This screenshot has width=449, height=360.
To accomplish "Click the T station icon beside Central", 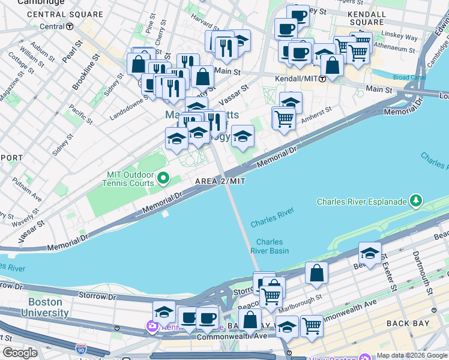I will pyautogui.click(x=70, y=26).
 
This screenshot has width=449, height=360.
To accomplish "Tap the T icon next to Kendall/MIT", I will pyautogui.click(x=323, y=79).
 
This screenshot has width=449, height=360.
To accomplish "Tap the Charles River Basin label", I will pyautogui.click(x=270, y=247).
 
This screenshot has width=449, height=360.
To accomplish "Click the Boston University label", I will pyautogui.click(x=44, y=308).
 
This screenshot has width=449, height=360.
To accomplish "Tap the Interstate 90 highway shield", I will pyautogui.click(x=80, y=349).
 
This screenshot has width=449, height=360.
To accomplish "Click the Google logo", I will pyautogui.click(x=20, y=353).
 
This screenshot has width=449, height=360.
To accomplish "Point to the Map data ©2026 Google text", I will pyautogui.click(x=411, y=355).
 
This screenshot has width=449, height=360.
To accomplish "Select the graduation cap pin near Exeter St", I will pyautogui.click(x=370, y=254).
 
